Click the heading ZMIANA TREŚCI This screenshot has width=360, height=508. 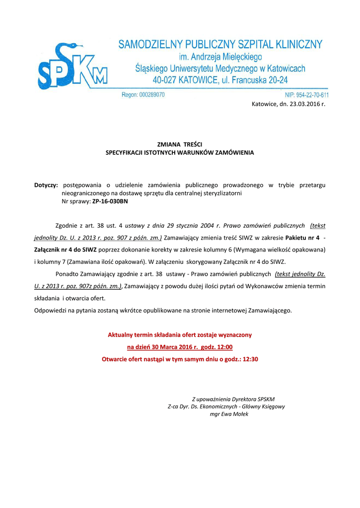[x=179, y=144]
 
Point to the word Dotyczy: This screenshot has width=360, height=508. [x=46, y=185]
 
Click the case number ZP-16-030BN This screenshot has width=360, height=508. [x=110, y=201]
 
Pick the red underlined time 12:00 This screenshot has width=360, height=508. [x=225, y=347]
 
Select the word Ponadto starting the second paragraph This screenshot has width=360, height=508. [x=67, y=273]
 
